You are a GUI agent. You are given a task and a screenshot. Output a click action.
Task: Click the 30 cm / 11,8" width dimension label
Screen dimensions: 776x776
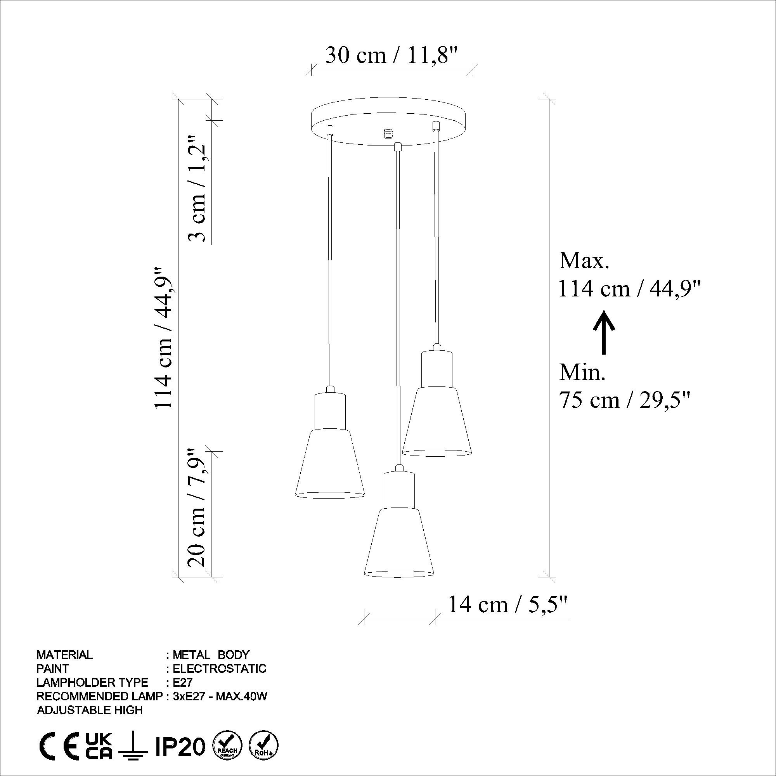[391, 55]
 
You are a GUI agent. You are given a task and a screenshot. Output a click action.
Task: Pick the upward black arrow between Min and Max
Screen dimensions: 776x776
[603, 333]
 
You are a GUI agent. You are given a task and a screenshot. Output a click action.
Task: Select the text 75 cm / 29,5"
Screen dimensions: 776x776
[625, 400]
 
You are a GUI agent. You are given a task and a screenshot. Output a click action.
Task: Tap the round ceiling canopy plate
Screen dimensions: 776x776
[389, 121]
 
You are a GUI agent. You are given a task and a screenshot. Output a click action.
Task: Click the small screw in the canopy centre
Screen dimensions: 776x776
[388, 133]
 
